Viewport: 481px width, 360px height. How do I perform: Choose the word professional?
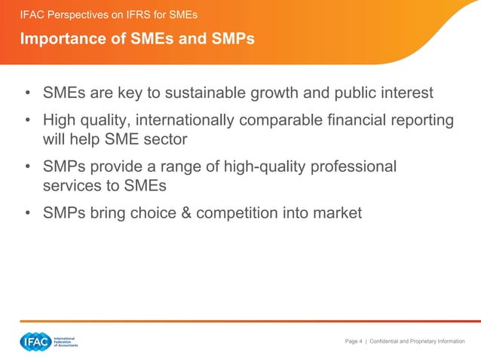[351, 166]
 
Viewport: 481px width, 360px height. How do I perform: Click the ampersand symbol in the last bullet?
[205, 213]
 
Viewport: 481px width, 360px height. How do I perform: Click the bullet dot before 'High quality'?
[27, 121]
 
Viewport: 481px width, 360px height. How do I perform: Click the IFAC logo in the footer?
[35, 341]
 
